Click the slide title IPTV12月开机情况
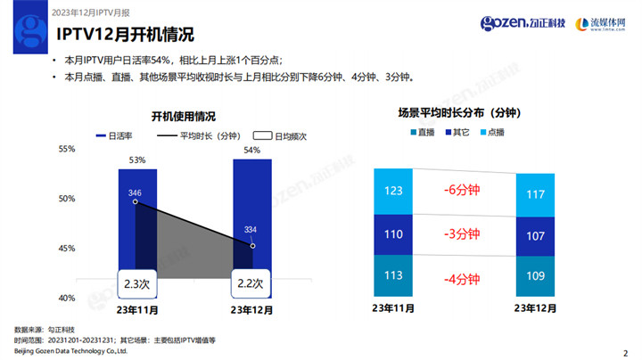(125, 37)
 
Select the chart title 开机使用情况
(183, 117)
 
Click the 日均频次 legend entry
(280, 136)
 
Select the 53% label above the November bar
(136, 160)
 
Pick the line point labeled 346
(136, 202)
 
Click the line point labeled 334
(252, 245)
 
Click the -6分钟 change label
(463, 190)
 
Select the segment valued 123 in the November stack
(393, 191)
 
